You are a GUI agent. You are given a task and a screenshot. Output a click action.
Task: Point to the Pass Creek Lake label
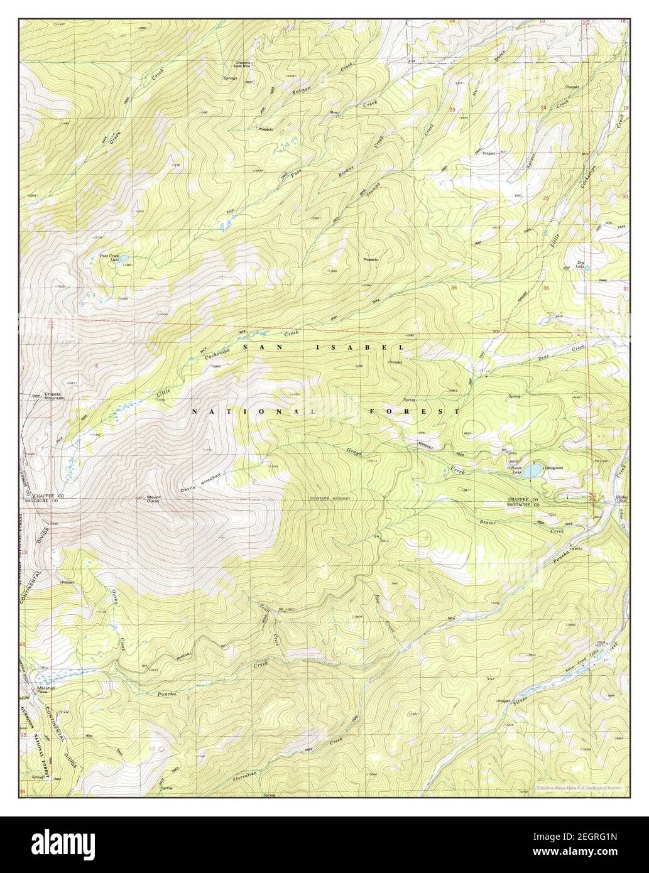(x=111, y=258)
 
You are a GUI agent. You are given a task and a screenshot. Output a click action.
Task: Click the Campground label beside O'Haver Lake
(x=553, y=468)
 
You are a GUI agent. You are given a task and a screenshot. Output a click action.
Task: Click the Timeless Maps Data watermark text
(x=578, y=788)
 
